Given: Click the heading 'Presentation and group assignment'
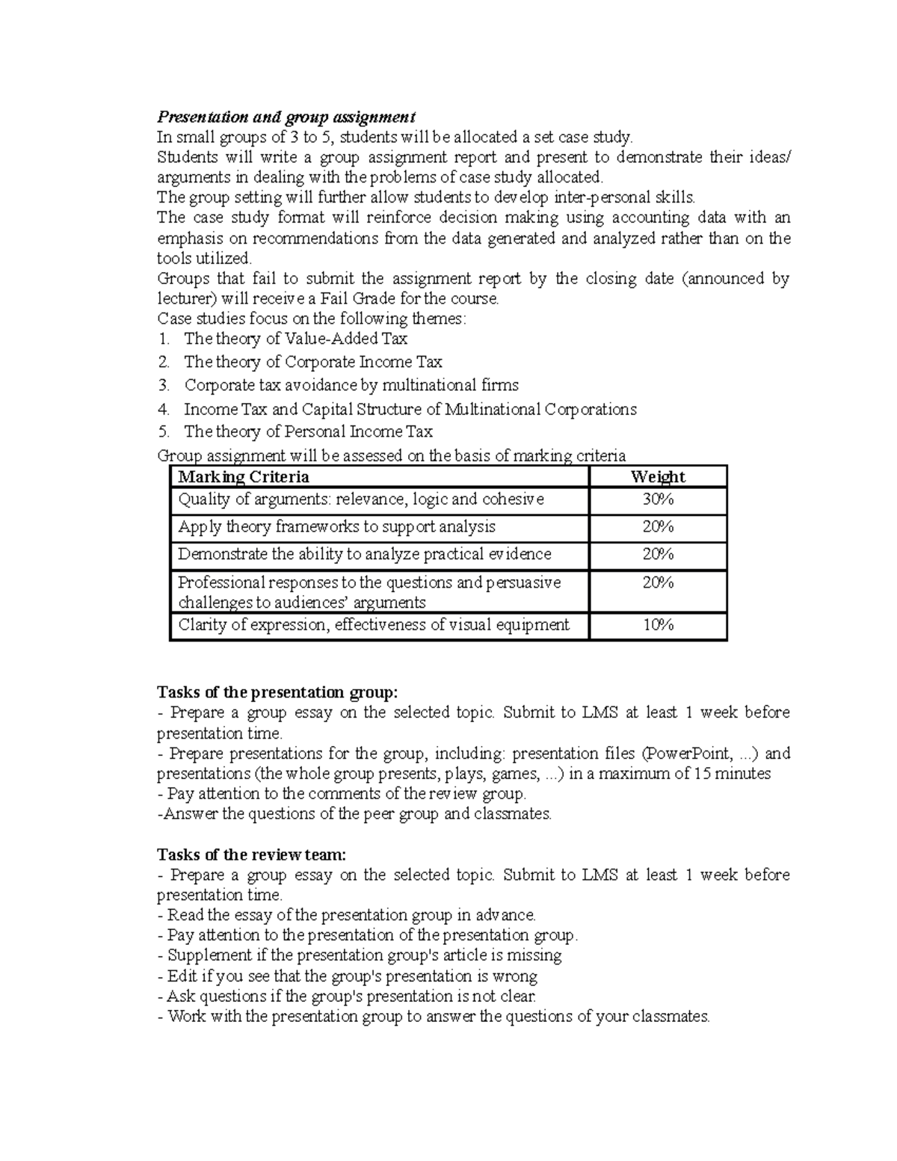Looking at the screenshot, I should point(286,117).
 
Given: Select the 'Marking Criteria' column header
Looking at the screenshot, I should point(243,477).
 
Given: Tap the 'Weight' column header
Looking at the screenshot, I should point(658,477).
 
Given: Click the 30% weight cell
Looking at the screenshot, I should point(658,500).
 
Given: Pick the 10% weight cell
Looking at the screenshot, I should point(658,625).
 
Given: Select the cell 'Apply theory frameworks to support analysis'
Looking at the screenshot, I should point(336,527).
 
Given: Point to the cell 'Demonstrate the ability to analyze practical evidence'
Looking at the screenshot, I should point(365,555).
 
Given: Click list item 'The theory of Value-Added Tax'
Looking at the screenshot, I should point(295,339).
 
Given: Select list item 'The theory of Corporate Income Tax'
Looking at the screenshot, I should point(312,363).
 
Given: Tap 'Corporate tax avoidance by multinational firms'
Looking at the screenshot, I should point(351,386).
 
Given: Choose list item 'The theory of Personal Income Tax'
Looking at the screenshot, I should point(308,432).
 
